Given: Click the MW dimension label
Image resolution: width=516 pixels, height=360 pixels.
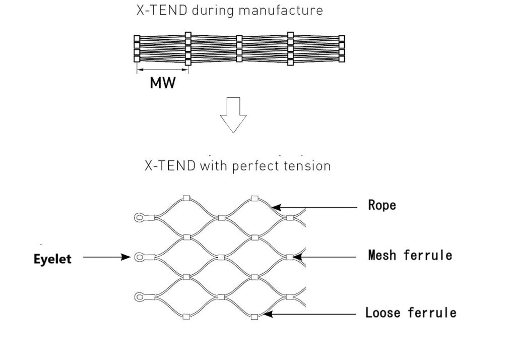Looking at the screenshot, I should [x=163, y=83].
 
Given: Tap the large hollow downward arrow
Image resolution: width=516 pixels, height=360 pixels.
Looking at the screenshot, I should [x=233, y=114].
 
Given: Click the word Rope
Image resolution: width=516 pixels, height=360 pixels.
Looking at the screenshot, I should [x=382, y=205].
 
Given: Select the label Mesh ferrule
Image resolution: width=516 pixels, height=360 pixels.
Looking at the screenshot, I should [x=410, y=255].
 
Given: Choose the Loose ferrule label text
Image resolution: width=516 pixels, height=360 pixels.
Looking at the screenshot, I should [x=411, y=313].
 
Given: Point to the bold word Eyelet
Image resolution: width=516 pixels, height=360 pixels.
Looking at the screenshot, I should [x=52, y=259].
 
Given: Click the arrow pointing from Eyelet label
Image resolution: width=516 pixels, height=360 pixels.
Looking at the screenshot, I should [x=106, y=257].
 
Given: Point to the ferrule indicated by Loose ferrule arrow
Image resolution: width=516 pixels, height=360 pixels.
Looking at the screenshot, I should [x=254, y=317].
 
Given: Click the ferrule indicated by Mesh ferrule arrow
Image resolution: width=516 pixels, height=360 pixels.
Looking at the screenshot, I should [x=289, y=257].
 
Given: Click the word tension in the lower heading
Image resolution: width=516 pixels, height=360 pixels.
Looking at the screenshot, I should [x=308, y=166].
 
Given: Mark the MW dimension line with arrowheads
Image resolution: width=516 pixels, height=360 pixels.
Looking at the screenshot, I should [x=162, y=70].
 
